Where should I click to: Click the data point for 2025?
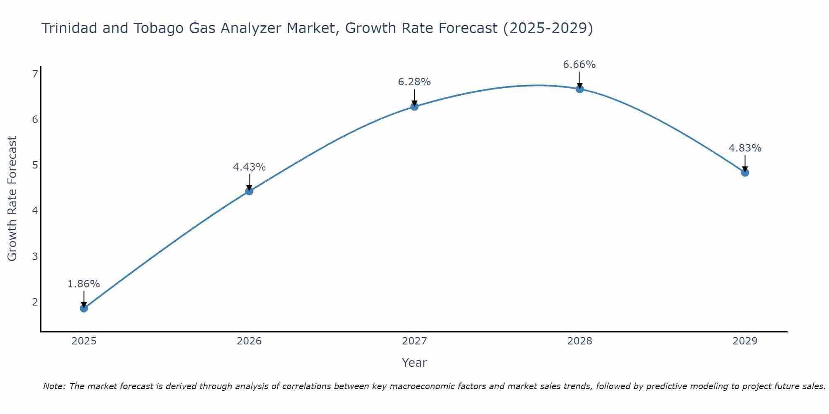84,308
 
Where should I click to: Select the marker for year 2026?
249,191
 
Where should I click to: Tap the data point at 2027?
414,106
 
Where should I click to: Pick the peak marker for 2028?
579,89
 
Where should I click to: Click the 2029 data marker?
745,172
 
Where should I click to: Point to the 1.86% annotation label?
84,284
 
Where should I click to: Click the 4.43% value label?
249,167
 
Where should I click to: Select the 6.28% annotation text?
414,82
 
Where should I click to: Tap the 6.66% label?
579,65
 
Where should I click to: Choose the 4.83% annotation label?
745,148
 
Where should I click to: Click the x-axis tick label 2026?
249,341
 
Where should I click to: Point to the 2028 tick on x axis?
579,341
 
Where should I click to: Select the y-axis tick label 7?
35,74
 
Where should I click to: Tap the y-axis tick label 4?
35,211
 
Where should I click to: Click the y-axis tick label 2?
35,302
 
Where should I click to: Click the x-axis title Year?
414,363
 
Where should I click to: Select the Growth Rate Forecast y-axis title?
12,199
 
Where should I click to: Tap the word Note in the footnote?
53,386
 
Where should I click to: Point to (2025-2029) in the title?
548,28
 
